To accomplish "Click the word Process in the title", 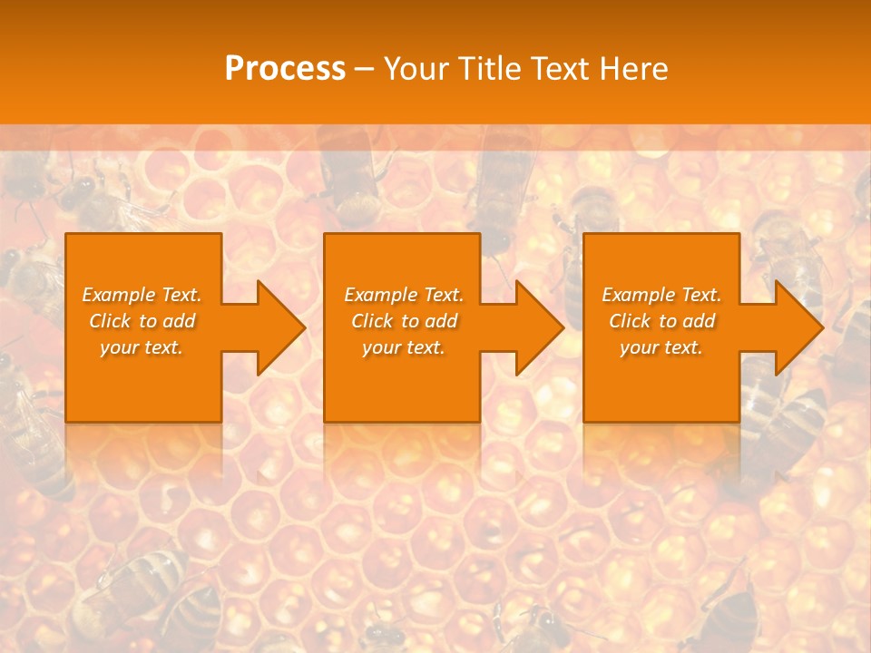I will pyautogui.click(x=285, y=69).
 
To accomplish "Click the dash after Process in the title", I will pyautogui.click(x=364, y=69).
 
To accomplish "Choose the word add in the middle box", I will pyautogui.click(x=441, y=321).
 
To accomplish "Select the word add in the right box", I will pyautogui.click(x=699, y=321).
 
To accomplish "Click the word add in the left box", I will pyautogui.click(x=179, y=321).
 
